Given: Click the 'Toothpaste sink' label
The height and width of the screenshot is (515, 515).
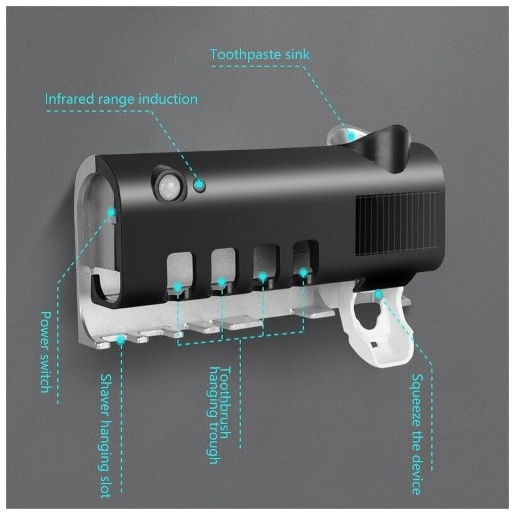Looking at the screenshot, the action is point(259,54).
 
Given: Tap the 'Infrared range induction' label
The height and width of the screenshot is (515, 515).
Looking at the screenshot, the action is point(121,99).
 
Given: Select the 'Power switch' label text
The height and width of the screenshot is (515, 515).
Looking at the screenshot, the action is point(45,351).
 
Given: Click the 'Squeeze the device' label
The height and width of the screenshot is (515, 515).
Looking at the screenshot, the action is point(416,433).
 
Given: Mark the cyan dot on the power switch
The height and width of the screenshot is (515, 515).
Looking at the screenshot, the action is point(111,213).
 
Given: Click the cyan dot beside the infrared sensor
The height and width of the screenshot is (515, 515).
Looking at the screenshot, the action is point(200,185).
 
